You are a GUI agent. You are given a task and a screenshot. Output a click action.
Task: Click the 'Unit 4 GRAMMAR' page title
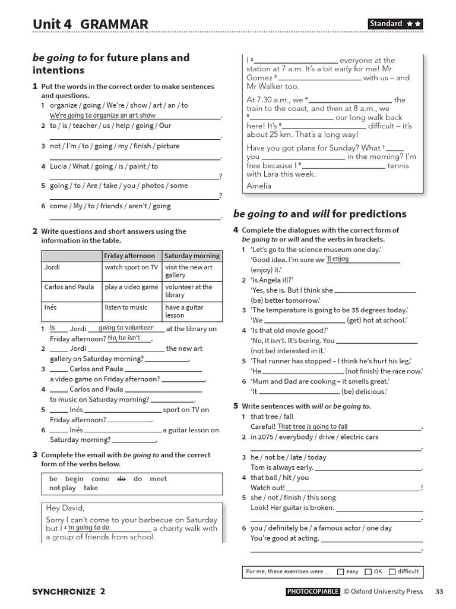point(90,24)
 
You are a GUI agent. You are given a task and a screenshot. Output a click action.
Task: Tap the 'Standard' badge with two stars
point(395,24)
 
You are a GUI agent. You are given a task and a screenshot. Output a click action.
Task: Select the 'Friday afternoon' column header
point(129,256)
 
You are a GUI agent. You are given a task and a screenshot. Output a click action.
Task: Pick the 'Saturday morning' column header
point(192,256)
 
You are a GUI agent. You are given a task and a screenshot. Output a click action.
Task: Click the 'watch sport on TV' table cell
point(131,268)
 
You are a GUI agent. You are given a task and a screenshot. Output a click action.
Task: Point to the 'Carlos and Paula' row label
point(69,287)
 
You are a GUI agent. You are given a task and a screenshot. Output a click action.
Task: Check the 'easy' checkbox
point(340,572)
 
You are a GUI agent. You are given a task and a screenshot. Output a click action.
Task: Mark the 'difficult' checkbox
point(392,572)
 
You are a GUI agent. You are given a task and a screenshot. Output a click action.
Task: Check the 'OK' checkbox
point(368,572)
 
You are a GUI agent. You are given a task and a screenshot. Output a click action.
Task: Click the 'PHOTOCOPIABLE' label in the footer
point(313,591)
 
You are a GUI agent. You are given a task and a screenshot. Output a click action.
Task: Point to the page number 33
point(439,591)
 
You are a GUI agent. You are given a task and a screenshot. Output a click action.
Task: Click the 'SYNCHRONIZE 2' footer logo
point(69,591)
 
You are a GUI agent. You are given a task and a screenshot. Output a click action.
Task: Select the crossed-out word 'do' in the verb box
point(121,479)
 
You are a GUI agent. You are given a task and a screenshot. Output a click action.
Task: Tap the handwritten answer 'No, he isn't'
point(124,338)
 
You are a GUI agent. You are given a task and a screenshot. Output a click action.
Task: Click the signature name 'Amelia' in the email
point(259,186)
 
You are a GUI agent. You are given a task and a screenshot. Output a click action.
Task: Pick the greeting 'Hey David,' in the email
point(65,508)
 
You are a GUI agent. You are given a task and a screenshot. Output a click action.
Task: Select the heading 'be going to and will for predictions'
point(319,214)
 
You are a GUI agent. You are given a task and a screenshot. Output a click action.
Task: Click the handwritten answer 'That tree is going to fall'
point(312,426)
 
